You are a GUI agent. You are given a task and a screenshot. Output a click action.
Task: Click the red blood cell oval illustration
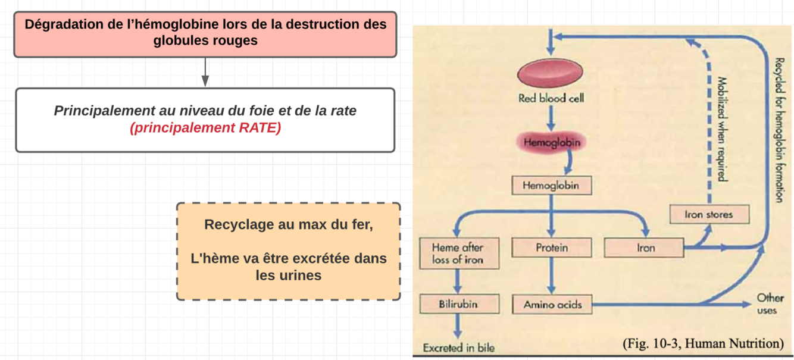pos(550,72)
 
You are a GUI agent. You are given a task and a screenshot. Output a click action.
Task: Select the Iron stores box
pos(708,214)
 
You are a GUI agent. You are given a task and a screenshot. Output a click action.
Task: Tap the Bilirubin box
pos(458,304)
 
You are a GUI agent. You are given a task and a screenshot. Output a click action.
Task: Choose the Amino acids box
pos(552,305)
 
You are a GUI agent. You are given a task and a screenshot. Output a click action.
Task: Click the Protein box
pos(552,248)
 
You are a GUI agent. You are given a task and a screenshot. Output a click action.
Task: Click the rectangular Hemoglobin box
pos(552,185)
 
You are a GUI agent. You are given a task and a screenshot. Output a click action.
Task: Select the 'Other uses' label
pos(770,303)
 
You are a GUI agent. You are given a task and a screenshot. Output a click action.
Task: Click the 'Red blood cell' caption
pos(551,98)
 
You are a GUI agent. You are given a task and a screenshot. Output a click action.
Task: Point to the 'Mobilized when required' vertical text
pos(721,128)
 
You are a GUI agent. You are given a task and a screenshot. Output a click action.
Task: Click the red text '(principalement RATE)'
pos(205,128)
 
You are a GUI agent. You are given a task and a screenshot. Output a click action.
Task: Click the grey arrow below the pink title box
pos(205,72)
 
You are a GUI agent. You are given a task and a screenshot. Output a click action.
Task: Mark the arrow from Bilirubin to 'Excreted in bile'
pos(458,327)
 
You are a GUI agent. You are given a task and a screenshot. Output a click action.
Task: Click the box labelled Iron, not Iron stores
pos(645,248)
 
